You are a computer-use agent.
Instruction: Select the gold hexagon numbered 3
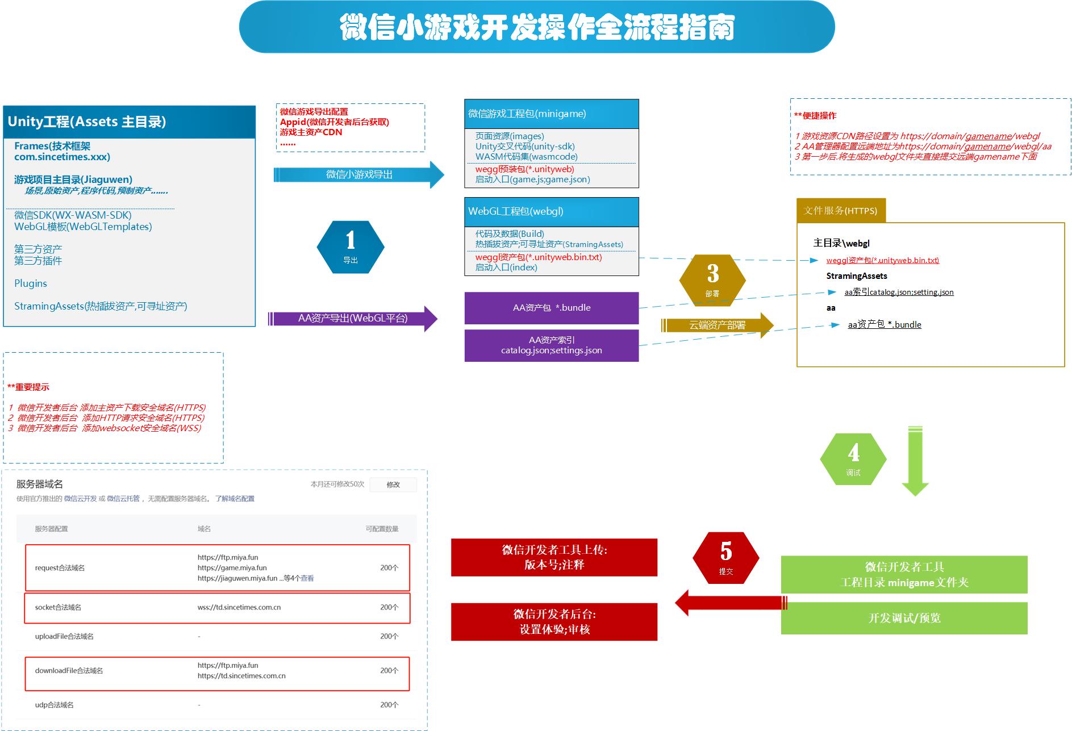pyautogui.click(x=712, y=280)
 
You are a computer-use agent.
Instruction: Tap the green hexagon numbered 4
pyautogui.click(x=853, y=459)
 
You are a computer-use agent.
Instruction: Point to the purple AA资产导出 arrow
pyautogui.click(x=353, y=318)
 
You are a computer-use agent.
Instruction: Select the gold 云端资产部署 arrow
pyautogui.click(x=717, y=325)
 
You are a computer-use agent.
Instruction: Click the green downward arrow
pyautogui.click(x=915, y=460)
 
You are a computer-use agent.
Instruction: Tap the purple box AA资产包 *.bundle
pyautogui.click(x=552, y=308)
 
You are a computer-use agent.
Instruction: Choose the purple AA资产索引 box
pyautogui.click(x=552, y=345)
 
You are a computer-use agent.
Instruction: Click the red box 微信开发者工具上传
pyautogui.click(x=554, y=557)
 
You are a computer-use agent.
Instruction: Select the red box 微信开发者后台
pyautogui.click(x=554, y=621)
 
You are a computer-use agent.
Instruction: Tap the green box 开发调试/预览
pyautogui.click(x=904, y=618)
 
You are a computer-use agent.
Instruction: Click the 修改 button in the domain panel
pyautogui.click(x=393, y=484)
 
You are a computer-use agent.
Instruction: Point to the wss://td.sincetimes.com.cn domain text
pyautogui.click(x=239, y=607)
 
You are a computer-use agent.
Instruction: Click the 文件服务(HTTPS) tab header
pyautogui.click(x=840, y=211)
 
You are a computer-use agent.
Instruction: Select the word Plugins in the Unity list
pyautogui.click(x=31, y=283)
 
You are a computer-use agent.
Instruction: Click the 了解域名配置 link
pyautogui.click(x=235, y=499)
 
